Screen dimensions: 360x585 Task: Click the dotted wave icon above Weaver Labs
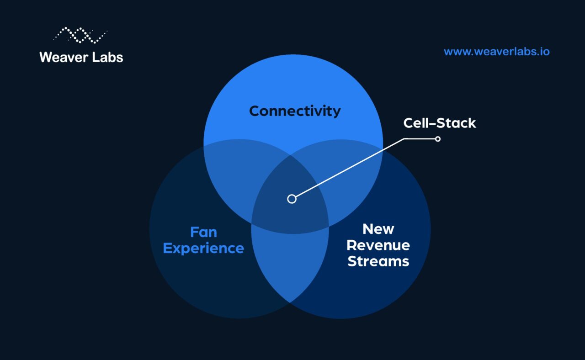coord(81,35)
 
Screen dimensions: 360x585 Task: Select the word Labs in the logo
coord(108,57)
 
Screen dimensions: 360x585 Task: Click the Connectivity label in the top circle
coord(295,111)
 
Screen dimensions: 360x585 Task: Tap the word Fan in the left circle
coord(203,232)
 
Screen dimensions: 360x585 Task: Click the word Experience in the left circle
coord(203,248)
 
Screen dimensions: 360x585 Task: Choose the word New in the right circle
coord(378,229)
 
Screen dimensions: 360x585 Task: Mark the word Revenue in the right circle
coord(378,245)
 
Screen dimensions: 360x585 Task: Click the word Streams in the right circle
coord(378,261)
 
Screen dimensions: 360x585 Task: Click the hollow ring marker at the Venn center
coord(292,199)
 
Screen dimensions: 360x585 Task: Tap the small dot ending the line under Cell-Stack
coord(437,138)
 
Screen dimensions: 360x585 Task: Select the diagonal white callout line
coord(347,169)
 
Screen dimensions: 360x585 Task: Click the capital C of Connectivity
coord(255,111)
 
